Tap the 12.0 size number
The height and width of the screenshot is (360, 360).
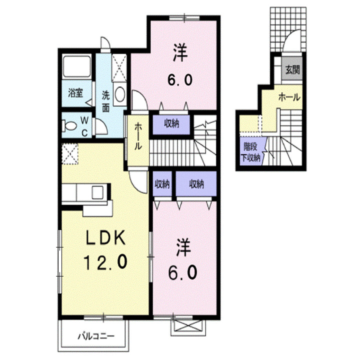click(x=105, y=261)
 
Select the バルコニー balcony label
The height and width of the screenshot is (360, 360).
click(x=96, y=335)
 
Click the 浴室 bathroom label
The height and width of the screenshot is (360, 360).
click(x=75, y=92)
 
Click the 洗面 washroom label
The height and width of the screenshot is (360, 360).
click(x=106, y=100)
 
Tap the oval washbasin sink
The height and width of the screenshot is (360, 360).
click(x=120, y=94)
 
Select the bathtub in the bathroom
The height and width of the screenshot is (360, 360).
click(x=76, y=68)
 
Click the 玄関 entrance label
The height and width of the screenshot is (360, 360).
click(x=292, y=69)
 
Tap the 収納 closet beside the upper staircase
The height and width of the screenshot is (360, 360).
click(x=171, y=124)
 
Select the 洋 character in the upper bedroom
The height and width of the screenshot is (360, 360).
click(x=181, y=52)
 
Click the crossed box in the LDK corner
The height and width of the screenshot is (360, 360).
click(x=71, y=152)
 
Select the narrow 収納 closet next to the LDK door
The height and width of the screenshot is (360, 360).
click(x=161, y=184)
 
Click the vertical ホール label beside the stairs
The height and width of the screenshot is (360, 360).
click(x=137, y=137)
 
